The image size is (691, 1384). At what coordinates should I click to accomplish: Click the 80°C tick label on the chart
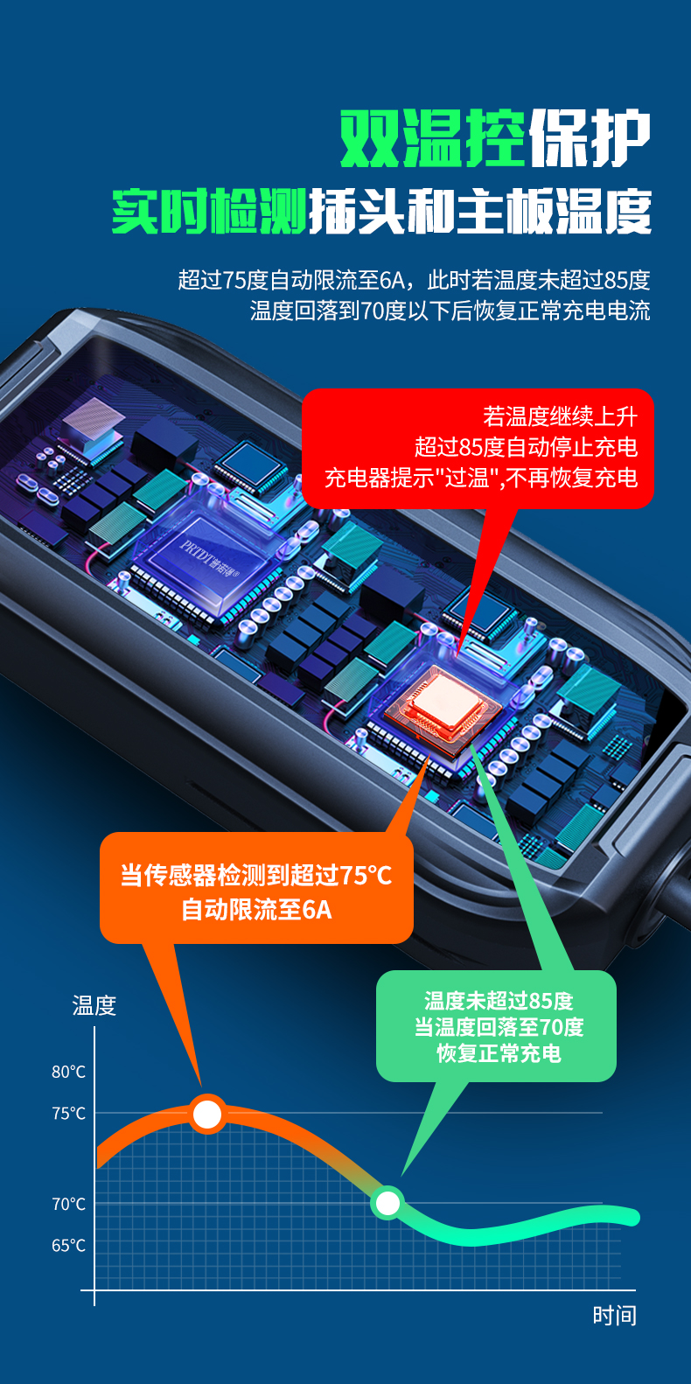(68, 1072)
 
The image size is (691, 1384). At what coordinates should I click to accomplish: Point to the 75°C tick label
(68, 1114)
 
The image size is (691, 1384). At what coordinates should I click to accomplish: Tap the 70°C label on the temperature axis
(68, 1204)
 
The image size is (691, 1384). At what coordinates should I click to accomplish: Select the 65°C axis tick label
(68, 1246)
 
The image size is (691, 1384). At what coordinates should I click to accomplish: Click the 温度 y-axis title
(94, 1006)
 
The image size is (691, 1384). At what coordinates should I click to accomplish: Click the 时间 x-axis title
(614, 1316)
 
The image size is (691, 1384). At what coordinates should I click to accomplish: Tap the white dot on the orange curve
(207, 1114)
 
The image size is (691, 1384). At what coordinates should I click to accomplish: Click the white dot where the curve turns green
(387, 1203)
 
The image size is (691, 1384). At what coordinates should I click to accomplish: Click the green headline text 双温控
(433, 138)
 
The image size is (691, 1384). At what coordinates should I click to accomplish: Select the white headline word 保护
(590, 138)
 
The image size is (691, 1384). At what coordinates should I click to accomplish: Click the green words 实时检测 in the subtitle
(209, 212)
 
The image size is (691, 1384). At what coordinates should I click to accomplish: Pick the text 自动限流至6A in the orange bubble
(256, 910)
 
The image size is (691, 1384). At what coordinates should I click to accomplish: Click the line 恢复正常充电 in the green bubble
(499, 1053)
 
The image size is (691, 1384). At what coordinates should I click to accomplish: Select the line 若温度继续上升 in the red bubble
(560, 417)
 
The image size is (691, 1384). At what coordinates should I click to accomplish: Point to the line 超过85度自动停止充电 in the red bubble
(527, 447)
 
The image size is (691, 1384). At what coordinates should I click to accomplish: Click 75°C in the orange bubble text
(366, 875)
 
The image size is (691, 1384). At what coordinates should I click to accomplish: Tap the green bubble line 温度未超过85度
(499, 1001)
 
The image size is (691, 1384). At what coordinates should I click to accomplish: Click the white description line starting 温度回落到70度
(450, 311)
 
